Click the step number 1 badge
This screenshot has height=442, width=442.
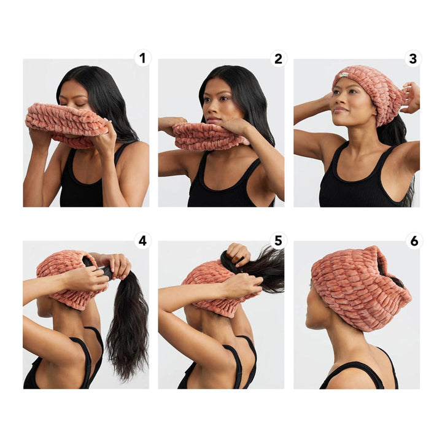(143, 59)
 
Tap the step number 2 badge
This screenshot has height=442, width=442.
(278, 59)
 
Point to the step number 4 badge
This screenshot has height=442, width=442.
(143, 241)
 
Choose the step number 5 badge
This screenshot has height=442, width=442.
(278, 241)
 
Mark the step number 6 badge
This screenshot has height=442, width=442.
(414, 241)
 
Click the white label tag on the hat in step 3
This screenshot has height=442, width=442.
(344, 76)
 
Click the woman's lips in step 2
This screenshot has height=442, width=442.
(211, 118)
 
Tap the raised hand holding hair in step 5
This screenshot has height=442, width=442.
(238, 253)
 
